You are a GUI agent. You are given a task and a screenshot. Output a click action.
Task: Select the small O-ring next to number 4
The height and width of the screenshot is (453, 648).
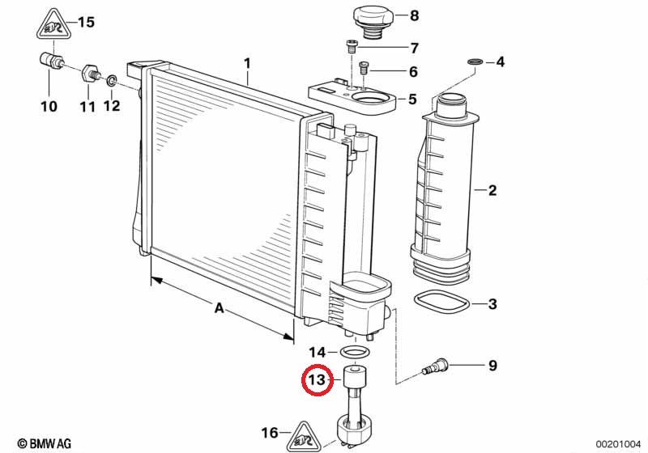click(475, 62)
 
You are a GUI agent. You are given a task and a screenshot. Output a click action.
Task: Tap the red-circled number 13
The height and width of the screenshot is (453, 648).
click(317, 379)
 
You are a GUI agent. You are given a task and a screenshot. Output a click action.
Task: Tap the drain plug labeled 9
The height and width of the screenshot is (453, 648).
click(434, 366)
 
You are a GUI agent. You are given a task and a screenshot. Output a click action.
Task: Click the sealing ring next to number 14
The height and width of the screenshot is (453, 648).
click(354, 353)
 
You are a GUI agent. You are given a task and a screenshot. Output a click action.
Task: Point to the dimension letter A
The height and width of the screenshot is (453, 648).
click(219, 307)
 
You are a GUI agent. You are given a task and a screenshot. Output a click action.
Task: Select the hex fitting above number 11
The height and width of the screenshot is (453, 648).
click(90, 74)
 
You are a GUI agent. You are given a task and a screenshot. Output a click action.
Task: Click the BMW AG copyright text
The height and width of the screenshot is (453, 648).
click(45, 443)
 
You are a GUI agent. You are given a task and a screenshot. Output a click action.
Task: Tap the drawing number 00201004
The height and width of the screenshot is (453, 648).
click(618, 444)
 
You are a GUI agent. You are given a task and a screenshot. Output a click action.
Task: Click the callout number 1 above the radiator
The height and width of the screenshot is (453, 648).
click(247, 64)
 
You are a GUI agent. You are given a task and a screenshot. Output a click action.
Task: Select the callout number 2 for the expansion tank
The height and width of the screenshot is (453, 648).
click(492, 190)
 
